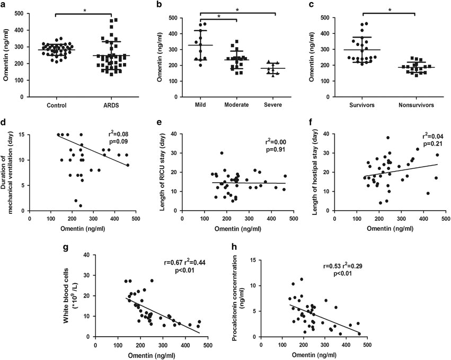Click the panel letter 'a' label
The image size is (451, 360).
(5, 5)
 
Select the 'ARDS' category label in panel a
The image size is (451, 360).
(111, 106)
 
